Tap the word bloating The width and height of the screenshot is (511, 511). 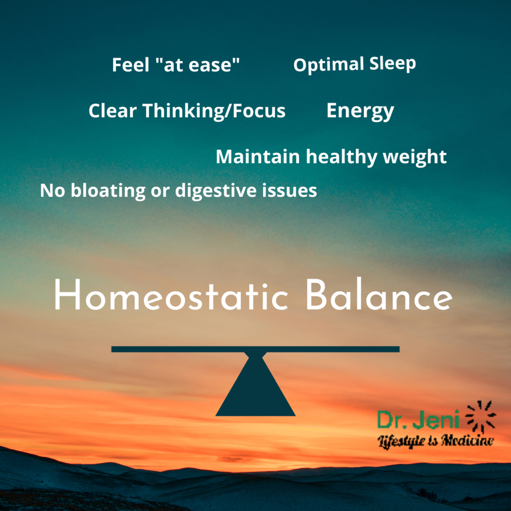click(108, 190)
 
